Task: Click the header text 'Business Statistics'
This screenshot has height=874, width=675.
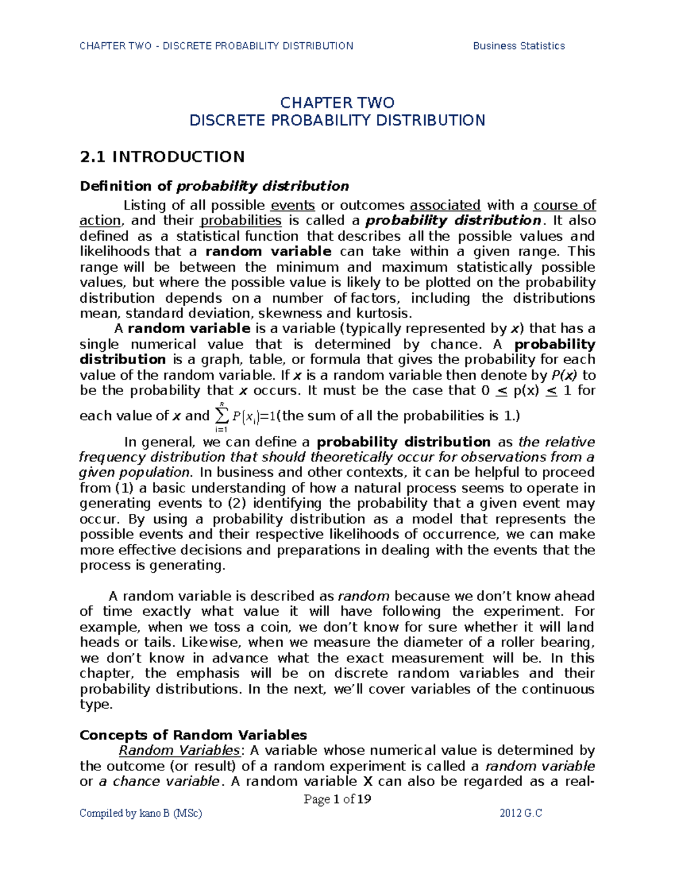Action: (x=519, y=46)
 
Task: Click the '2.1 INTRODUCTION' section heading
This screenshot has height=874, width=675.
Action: (x=162, y=156)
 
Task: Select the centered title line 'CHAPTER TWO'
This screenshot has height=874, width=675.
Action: (x=337, y=102)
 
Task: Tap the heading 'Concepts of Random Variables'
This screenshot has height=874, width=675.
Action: (x=193, y=735)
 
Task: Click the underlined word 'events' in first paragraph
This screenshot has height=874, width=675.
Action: (x=292, y=205)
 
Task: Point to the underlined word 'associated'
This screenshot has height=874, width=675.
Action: (x=445, y=205)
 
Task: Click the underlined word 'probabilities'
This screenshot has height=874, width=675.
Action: (x=241, y=220)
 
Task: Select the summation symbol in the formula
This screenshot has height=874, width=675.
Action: (x=220, y=416)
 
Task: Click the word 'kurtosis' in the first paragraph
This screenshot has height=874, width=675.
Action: (x=382, y=313)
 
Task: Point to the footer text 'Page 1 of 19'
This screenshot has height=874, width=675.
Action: (x=337, y=799)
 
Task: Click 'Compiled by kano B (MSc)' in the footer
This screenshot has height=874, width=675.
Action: (x=141, y=813)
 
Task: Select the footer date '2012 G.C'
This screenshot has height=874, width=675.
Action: (x=520, y=813)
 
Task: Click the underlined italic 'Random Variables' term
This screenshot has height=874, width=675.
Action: (x=179, y=750)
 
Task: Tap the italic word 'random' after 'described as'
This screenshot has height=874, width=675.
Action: (x=363, y=596)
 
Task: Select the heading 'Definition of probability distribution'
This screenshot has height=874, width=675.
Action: (x=214, y=186)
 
